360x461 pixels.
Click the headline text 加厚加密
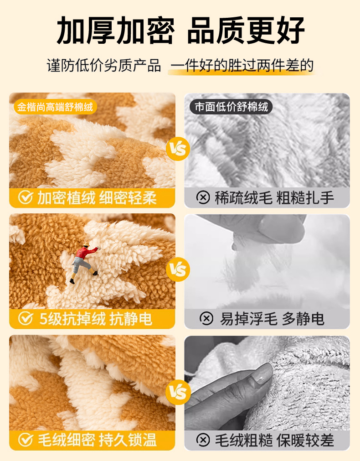pos(116,31)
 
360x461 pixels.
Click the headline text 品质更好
pos(246,31)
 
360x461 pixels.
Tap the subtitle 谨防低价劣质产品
pos(104,66)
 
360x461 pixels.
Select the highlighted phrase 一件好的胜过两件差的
pos(242,66)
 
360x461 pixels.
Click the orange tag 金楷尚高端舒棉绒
pos(55,107)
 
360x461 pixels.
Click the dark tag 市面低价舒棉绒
pos(231,107)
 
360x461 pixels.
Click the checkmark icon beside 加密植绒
pos(26,197)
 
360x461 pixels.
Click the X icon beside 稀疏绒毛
pos(203,197)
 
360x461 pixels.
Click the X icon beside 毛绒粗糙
pos(203,440)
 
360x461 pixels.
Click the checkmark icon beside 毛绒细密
pos(26,440)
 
